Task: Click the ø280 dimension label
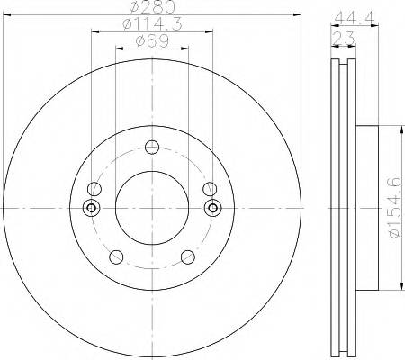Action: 152,7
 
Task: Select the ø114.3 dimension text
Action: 152,24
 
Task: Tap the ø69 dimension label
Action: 152,40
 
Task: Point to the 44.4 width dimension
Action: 355,19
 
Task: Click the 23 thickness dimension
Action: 344,39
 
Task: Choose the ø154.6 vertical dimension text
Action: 394,208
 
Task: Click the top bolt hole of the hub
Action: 152,147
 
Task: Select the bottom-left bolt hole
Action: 116,256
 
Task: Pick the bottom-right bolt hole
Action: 188,256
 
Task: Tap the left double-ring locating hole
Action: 92,208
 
